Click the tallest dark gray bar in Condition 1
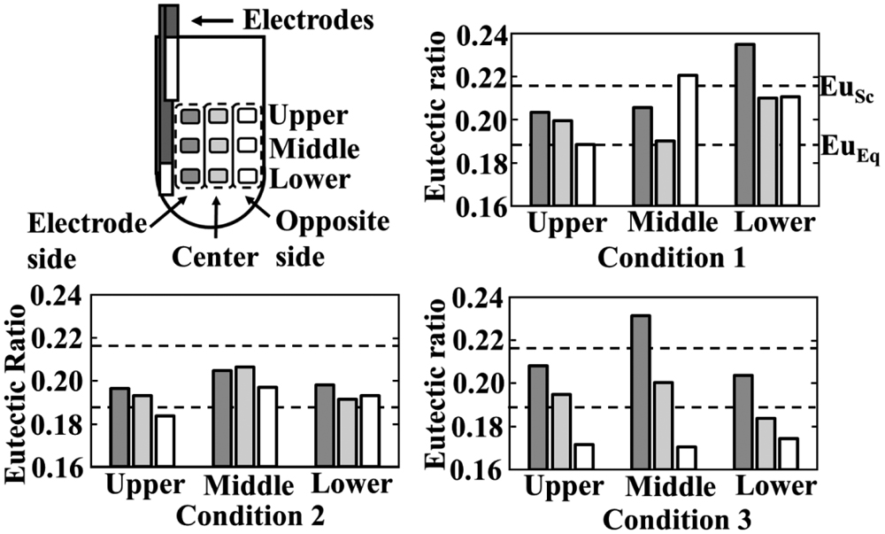(744, 125)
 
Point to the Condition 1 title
(672, 259)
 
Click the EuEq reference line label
(843, 147)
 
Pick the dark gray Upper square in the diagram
(190, 116)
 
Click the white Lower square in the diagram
(247, 175)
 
